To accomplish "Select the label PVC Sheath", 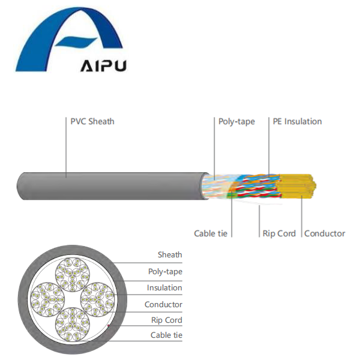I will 92,121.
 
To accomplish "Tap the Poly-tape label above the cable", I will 236,121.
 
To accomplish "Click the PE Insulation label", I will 297,121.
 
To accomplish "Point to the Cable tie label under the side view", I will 213,233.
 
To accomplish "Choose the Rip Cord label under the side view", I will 279,233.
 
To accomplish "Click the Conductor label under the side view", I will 325,233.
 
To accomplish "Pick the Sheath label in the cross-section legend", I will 170,255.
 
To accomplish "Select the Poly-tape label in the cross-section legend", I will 165,272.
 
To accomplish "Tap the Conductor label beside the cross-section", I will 163,305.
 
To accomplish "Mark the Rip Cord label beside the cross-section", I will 166,320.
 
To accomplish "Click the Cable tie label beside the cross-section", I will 166,335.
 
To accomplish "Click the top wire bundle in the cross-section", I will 73,274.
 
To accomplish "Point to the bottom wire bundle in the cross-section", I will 73,323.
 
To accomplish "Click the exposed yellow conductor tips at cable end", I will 303,188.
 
